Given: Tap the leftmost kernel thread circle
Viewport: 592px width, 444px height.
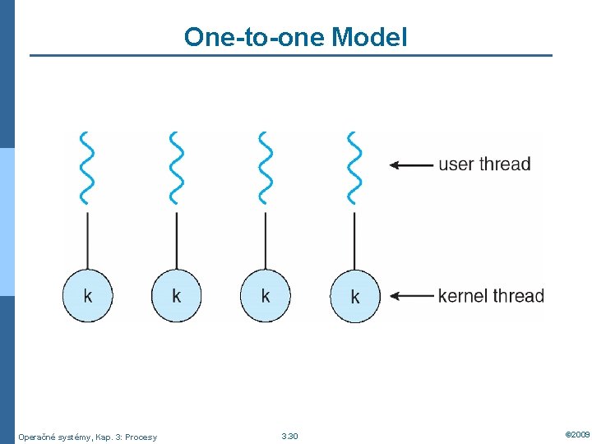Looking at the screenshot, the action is point(88,295).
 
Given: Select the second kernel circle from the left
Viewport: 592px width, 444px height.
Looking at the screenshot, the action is point(177,295).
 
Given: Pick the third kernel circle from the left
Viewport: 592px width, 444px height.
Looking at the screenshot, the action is point(266,295).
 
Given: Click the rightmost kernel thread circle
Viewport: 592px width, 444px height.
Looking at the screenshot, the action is point(355,296).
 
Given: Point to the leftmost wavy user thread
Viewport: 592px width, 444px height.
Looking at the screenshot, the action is point(87,167).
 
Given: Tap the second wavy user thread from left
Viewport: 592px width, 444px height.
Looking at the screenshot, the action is point(176,167).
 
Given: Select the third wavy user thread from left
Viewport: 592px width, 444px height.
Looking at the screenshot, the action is point(265,167).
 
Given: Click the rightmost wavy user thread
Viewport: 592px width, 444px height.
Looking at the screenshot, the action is point(354,167).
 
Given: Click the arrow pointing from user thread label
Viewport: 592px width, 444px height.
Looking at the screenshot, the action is point(410,164).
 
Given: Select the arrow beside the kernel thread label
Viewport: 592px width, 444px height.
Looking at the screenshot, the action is point(410,296).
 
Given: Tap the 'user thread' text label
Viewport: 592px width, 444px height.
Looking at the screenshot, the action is point(484,164).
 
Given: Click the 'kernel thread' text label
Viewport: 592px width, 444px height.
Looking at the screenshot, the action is point(491,295).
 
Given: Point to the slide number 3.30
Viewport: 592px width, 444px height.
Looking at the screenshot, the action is point(289,436).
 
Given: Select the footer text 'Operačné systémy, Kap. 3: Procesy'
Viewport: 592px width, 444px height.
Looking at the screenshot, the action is point(87,437).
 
